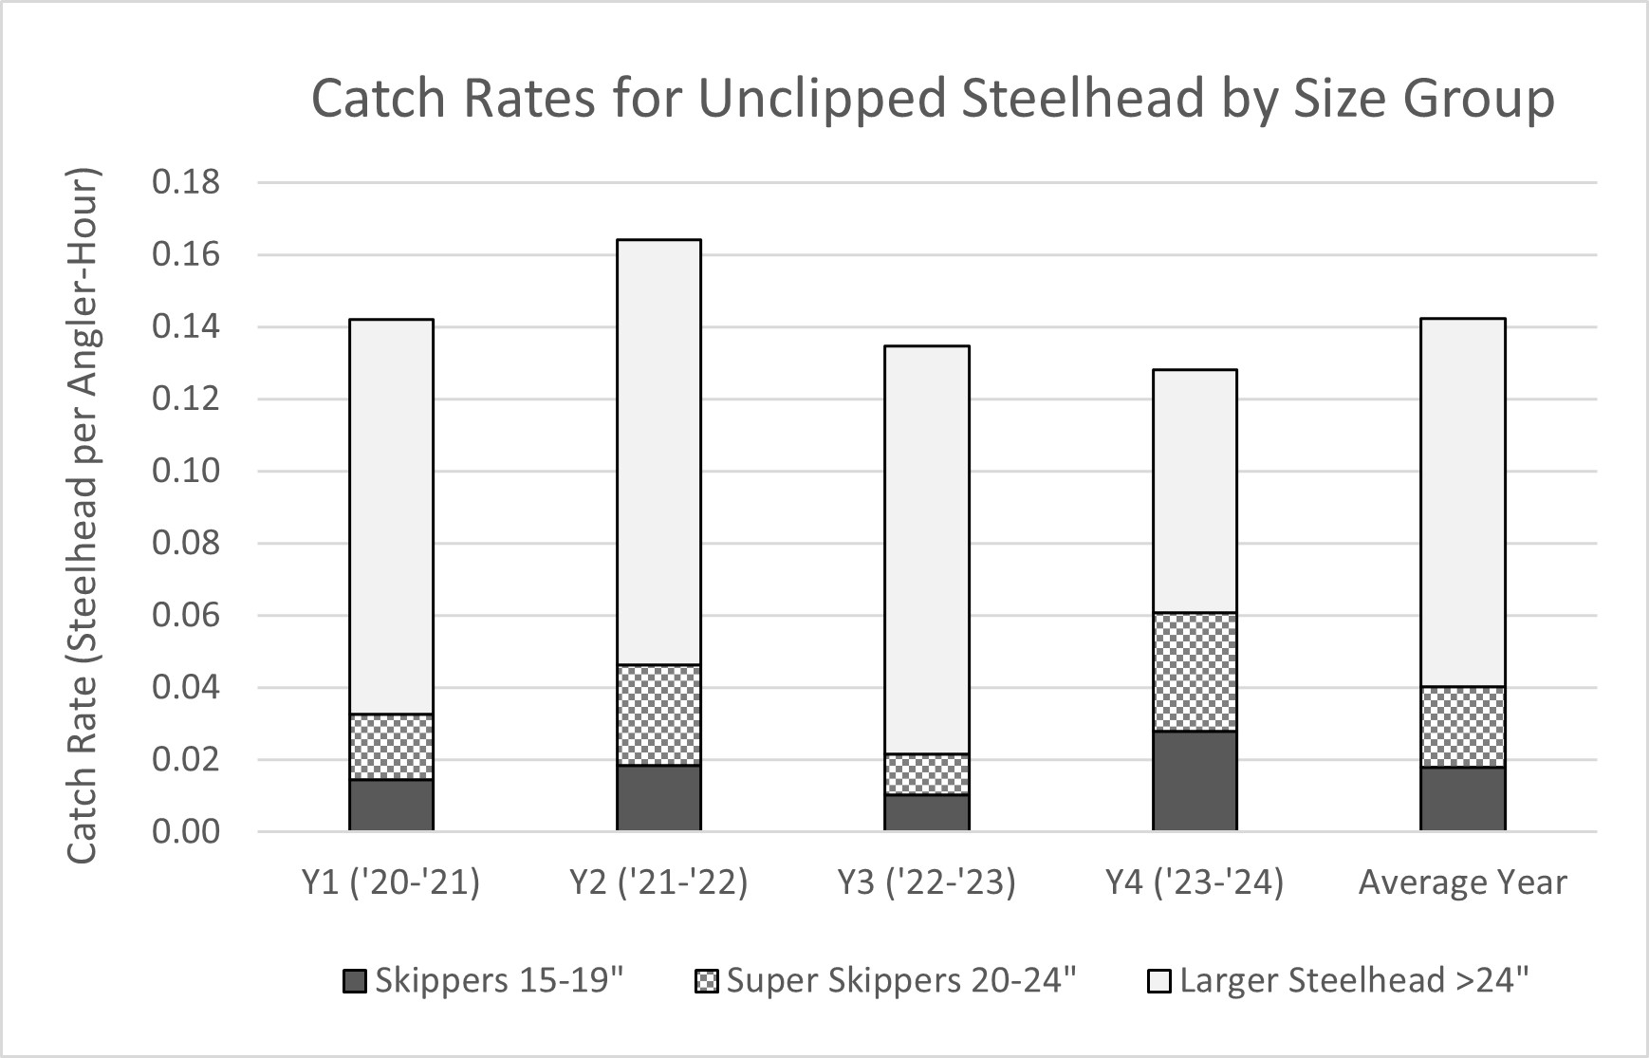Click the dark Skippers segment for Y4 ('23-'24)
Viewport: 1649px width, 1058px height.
point(1195,780)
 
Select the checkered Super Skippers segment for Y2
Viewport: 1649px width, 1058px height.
point(658,715)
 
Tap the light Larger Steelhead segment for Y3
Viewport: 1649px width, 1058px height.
point(927,549)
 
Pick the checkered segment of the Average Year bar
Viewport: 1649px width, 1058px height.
point(1462,726)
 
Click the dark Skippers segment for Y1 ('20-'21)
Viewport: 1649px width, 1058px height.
point(391,805)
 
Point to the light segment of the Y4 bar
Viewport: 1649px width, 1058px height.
point(1195,491)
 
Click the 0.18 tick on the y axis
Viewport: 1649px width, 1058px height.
point(186,181)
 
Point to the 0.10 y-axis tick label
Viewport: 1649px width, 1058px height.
point(186,471)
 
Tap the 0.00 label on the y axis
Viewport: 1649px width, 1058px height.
point(186,832)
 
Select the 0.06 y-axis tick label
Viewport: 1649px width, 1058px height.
point(186,616)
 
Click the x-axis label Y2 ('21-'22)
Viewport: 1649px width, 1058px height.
point(658,882)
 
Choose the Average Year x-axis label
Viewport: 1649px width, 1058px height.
point(1462,882)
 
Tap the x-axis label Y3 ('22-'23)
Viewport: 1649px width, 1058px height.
point(927,882)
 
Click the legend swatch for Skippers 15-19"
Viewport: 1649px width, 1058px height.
point(354,981)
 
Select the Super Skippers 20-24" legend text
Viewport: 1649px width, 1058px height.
point(901,980)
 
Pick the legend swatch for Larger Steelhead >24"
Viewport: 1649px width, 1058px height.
point(1159,981)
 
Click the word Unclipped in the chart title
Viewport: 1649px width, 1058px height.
point(822,100)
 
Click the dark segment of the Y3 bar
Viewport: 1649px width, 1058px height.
point(927,812)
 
